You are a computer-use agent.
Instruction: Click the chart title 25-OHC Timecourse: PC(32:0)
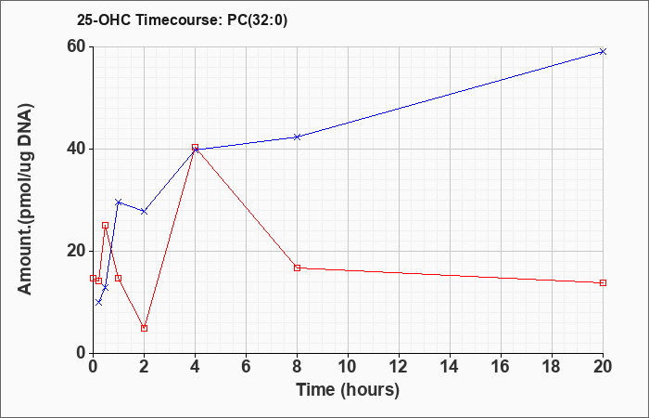click(182, 20)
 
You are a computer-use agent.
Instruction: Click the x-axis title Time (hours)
click(348, 390)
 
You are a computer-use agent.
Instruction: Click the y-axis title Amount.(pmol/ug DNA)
click(26, 200)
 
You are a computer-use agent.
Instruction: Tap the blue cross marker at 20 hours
click(603, 51)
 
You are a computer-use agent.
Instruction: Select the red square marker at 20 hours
click(603, 282)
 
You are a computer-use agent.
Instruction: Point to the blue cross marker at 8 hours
click(297, 137)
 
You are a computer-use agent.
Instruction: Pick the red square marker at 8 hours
click(297, 268)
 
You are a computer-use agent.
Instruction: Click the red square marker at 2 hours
click(144, 329)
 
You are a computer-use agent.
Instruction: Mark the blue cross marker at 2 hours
click(144, 212)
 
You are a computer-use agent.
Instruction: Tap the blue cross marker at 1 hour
click(119, 202)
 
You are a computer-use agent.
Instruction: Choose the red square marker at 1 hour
click(119, 278)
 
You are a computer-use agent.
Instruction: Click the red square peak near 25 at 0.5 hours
click(106, 225)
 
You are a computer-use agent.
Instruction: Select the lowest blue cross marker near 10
click(98, 302)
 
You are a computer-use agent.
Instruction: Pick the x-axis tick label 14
click(450, 367)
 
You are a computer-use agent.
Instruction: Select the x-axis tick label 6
click(246, 367)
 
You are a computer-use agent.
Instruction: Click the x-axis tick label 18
click(553, 367)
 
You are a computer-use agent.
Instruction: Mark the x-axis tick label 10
click(348, 367)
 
